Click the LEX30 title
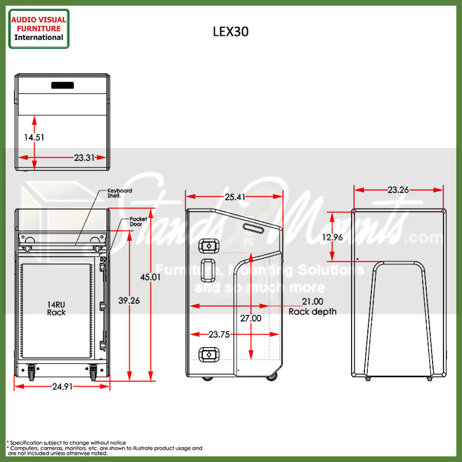click(x=231, y=32)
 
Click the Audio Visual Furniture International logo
click(x=39, y=28)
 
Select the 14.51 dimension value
click(x=34, y=137)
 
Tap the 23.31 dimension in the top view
click(x=84, y=157)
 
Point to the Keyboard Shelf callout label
click(x=120, y=193)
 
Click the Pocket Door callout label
click(x=139, y=222)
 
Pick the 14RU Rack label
click(x=57, y=308)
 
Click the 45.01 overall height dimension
click(x=151, y=277)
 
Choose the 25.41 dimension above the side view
click(x=235, y=197)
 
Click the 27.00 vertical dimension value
click(x=251, y=318)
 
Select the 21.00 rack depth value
click(x=312, y=301)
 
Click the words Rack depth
click(x=312, y=312)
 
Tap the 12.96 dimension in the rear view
click(x=333, y=237)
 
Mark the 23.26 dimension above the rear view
click(x=398, y=189)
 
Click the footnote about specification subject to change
click(x=66, y=442)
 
